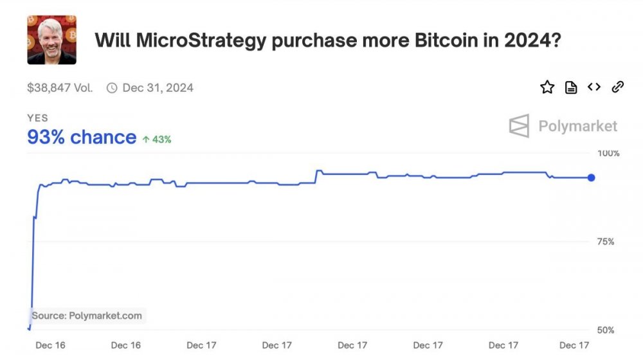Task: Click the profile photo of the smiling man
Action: [x=51, y=40]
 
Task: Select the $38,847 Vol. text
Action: [x=60, y=87]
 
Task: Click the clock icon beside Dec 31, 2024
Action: [x=112, y=87]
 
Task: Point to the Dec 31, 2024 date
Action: [x=158, y=87]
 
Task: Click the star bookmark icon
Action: [x=547, y=87]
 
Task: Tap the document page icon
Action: [x=571, y=87]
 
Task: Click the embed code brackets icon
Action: [x=594, y=87]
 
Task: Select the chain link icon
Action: [x=618, y=87]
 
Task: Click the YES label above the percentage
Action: [x=37, y=118]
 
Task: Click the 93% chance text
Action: [x=82, y=137]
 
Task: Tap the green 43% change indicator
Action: [x=157, y=139]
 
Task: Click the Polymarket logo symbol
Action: [x=519, y=126]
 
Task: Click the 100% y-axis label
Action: [x=608, y=153]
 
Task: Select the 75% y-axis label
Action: [x=606, y=242]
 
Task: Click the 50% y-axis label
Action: [x=606, y=330]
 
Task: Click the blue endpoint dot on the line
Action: [x=592, y=177]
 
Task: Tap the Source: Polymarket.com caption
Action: [x=87, y=316]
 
